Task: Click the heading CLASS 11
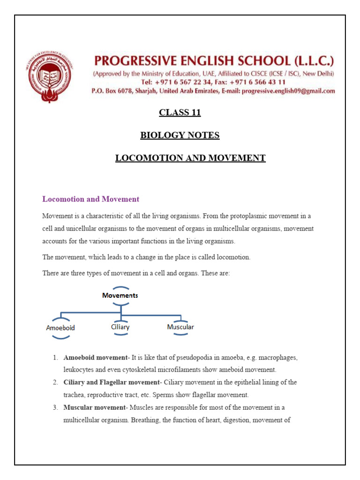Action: coord(180,112)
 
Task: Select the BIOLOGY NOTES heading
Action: coord(180,135)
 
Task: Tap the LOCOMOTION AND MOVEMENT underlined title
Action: coord(190,158)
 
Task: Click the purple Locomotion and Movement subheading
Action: coord(90,199)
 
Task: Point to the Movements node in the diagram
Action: coord(120,295)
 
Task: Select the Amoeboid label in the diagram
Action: coord(60,328)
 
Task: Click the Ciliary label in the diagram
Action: coord(120,327)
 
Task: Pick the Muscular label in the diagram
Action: coord(180,327)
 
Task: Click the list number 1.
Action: coord(55,358)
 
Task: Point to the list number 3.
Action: coord(55,407)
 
